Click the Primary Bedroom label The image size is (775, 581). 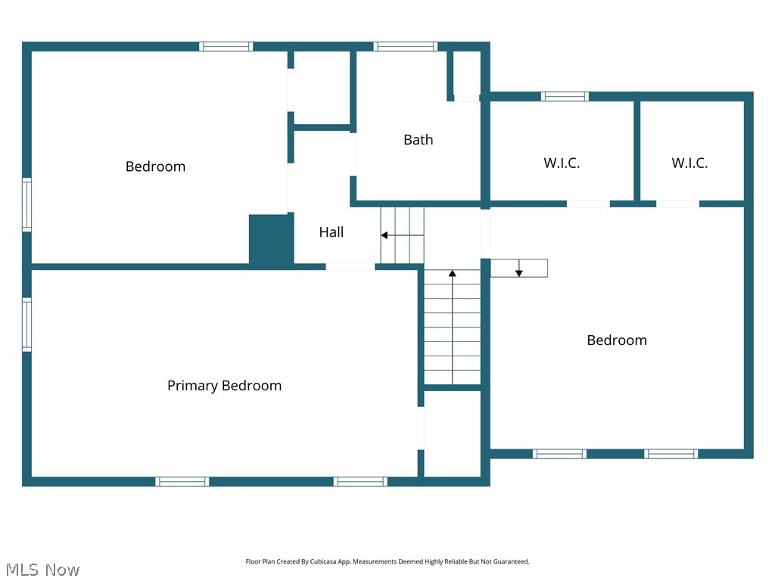[224, 386]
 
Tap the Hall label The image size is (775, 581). [331, 232]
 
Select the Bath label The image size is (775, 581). [418, 139]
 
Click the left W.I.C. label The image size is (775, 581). [562, 163]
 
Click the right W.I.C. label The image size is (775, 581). [689, 163]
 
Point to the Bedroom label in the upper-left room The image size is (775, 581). [155, 166]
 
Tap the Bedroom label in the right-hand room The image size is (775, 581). [617, 340]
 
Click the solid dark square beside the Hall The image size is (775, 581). [270, 239]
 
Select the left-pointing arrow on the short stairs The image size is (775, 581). [384, 235]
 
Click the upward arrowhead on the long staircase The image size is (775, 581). [453, 273]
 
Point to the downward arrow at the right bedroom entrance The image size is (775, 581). [519, 272]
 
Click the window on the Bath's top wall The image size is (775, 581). [406, 47]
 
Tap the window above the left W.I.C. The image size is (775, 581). [565, 96]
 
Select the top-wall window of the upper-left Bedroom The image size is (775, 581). [226, 47]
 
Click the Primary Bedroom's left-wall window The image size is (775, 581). [26, 325]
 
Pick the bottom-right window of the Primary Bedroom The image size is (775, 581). [360, 481]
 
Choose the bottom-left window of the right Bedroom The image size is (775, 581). [559, 454]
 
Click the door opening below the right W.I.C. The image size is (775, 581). [677, 204]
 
